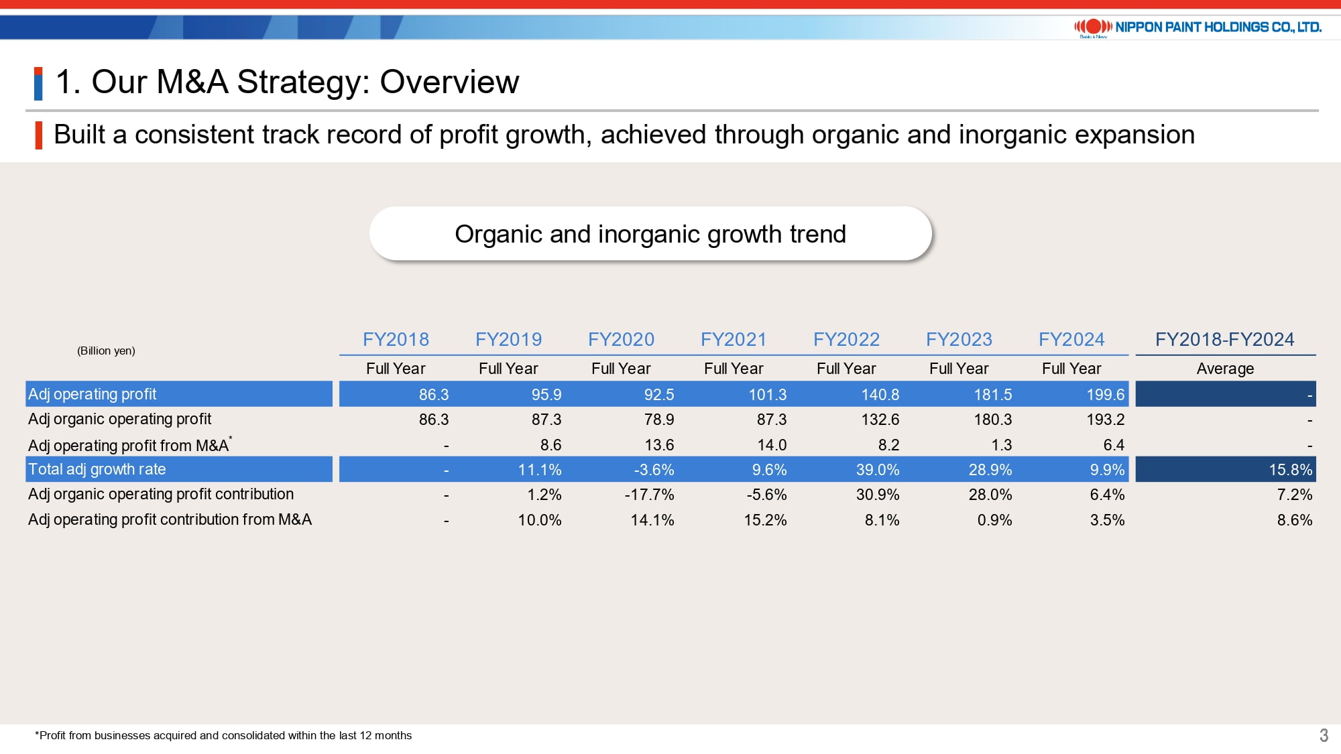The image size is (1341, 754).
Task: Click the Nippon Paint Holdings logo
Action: [1198, 27]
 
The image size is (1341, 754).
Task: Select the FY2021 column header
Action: [734, 339]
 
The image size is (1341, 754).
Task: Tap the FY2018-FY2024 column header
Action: [1224, 339]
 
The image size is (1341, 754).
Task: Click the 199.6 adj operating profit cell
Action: [1105, 394]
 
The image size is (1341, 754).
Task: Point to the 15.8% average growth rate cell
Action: [1290, 470]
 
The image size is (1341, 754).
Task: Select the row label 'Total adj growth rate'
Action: [97, 469]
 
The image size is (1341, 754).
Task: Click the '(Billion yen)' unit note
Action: [106, 351]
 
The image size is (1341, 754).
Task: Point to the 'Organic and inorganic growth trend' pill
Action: [650, 234]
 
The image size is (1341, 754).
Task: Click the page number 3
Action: [1324, 735]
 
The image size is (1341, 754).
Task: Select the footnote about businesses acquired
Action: [223, 735]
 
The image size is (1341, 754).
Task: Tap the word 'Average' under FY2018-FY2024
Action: [1225, 369]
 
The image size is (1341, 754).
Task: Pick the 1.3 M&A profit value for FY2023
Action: [1001, 445]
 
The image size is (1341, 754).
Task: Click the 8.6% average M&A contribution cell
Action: [1294, 520]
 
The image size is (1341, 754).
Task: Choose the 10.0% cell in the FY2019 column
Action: [539, 520]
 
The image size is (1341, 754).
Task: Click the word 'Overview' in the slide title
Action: [449, 82]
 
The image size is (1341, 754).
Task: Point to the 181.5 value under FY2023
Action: [992, 394]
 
